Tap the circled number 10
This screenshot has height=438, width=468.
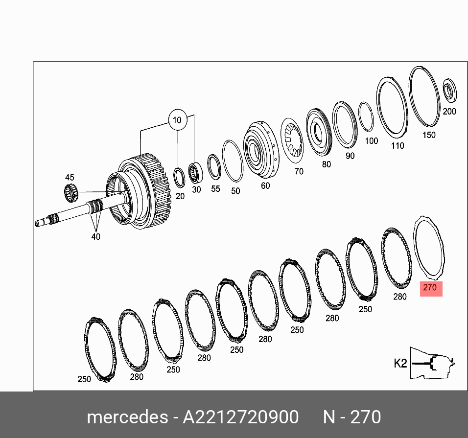coord(177,120)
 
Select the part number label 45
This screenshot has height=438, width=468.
coord(70,178)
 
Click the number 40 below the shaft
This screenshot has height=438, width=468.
coord(95,236)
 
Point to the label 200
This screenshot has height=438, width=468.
coord(449,111)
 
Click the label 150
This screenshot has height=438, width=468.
coord(428,135)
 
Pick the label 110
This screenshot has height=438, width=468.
coord(398,145)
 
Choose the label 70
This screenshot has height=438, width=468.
coord(299,171)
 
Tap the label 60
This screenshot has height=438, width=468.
coord(265,185)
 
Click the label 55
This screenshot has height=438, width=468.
coord(215,188)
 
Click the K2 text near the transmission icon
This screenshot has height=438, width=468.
coord(400,363)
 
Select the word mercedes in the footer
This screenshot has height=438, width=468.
coord(127,417)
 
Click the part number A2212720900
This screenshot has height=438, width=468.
coord(240,417)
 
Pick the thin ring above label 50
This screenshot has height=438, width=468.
coord(233,161)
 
